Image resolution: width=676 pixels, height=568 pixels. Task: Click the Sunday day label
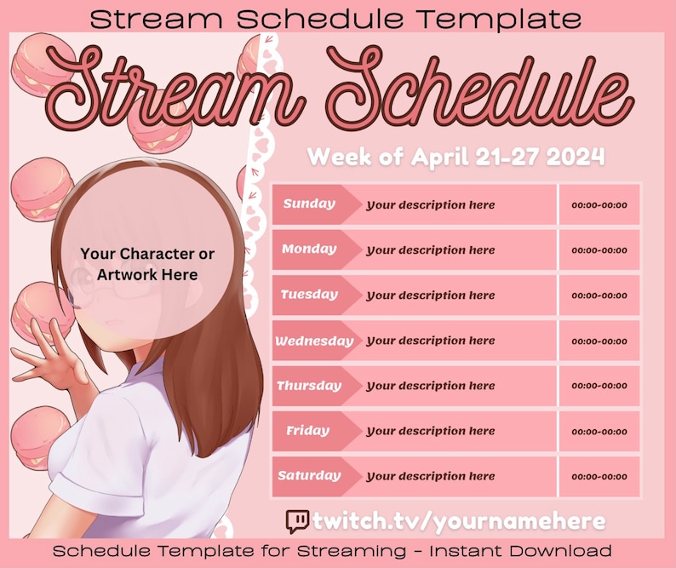click(x=308, y=204)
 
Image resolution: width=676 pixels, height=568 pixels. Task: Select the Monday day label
click(x=308, y=250)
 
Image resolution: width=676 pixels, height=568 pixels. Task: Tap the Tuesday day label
click(x=309, y=295)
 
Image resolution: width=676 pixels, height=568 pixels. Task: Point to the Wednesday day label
click(x=313, y=341)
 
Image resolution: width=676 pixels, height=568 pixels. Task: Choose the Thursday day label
click(x=308, y=386)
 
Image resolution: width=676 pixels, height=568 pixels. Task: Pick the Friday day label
click(x=307, y=431)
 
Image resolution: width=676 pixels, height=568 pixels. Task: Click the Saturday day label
click(x=308, y=476)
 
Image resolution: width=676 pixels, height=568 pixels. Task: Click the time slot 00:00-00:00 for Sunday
click(x=599, y=205)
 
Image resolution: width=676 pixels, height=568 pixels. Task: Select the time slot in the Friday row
click(x=599, y=432)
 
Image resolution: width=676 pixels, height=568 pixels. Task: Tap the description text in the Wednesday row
click(x=430, y=341)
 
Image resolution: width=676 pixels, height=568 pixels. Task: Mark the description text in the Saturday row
click(x=430, y=476)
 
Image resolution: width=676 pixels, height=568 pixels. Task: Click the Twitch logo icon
click(x=297, y=521)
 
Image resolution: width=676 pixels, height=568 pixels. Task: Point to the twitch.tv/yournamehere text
click(x=459, y=521)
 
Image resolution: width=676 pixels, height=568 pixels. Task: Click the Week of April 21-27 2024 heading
click(x=455, y=157)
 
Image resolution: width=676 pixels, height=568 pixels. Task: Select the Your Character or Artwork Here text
click(x=147, y=264)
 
